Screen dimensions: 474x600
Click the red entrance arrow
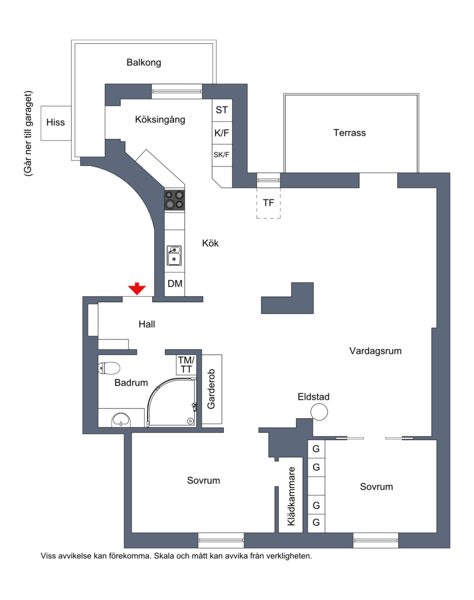[137, 288]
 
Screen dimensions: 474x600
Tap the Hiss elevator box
[56, 123]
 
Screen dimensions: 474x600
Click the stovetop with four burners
[175, 200]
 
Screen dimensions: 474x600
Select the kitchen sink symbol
[174, 256]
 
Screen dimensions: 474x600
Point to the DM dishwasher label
[175, 284]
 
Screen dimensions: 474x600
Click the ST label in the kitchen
[222, 110]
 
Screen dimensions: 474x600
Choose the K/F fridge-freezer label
[222, 133]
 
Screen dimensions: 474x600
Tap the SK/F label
[222, 155]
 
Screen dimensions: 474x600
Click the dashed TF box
[268, 203]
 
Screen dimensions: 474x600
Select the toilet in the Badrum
[109, 368]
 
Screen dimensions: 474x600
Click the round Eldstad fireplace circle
[319, 412]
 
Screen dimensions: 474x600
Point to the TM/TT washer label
[186, 365]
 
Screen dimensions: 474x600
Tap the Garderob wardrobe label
[212, 389]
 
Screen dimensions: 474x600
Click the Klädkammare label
[292, 496]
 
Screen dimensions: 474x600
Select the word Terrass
[350, 133]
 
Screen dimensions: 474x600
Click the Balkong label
[144, 62]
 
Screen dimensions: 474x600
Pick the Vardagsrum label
[376, 351]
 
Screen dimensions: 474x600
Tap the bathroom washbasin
[121, 420]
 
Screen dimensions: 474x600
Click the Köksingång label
[160, 120]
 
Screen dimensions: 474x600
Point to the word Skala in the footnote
[164, 556]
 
